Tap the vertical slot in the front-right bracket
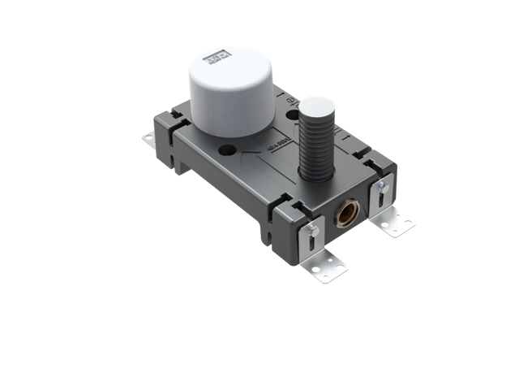tap(380, 197)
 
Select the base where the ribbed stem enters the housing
tap(311, 177)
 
